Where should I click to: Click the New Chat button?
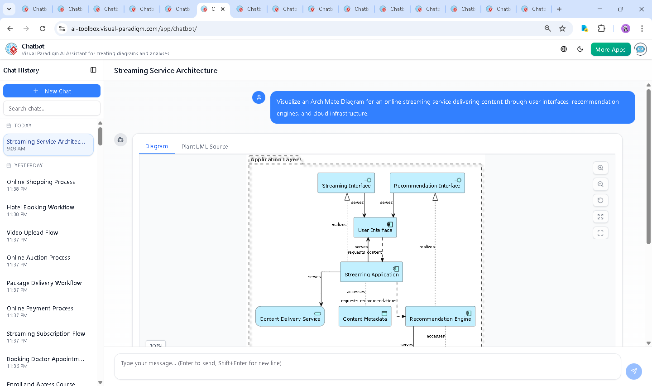[x=52, y=91]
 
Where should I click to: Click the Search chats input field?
[x=52, y=108]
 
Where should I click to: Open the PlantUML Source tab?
[x=205, y=146]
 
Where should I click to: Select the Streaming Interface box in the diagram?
[x=346, y=183]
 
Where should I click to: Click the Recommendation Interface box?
[x=427, y=183]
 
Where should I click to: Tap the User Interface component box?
[x=375, y=227]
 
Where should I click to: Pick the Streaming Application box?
[x=371, y=272]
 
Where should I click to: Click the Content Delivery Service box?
[x=290, y=316]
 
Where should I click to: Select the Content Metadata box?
[x=364, y=316]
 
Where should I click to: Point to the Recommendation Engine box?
[x=440, y=316]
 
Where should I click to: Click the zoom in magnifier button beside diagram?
[x=600, y=168]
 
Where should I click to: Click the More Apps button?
[x=610, y=49]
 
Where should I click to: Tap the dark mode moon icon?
[x=580, y=49]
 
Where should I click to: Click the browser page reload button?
[x=43, y=29]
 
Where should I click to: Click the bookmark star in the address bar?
[x=562, y=29]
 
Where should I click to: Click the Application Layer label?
[x=274, y=159]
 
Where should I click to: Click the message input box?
[x=367, y=363]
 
